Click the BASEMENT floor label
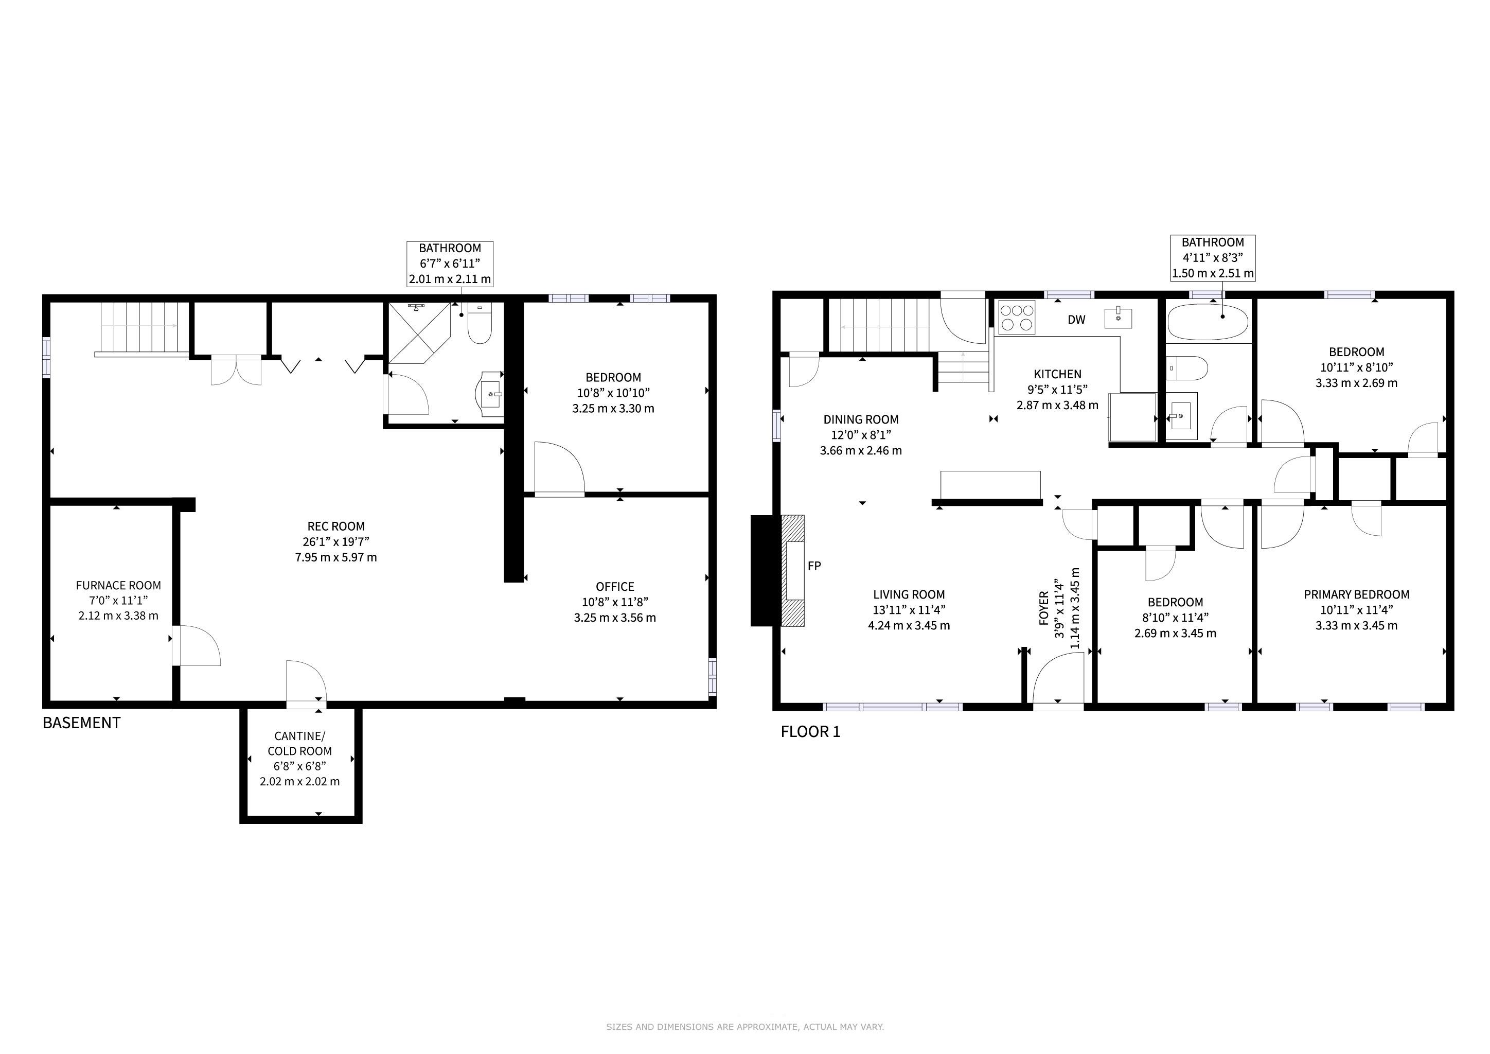click(82, 723)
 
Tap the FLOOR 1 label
click(810, 732)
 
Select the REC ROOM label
click(336, 526)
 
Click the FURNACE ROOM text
click(118, 585)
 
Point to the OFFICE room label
click(615, 587)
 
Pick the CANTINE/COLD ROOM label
click(300, 743)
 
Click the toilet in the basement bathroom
click(480, 323)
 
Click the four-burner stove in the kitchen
click(1017, 318)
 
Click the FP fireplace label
click(814, 566)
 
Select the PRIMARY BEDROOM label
click(1356, 594)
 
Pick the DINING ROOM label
click(861, 419)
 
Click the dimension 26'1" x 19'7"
click(336, 542)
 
